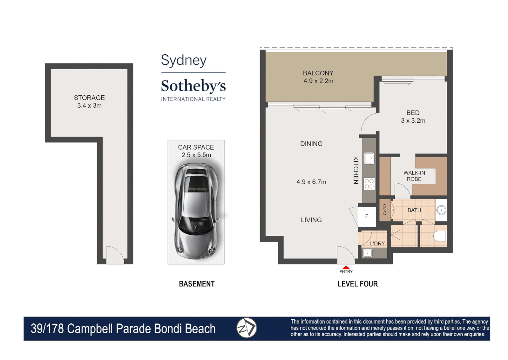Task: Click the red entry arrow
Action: coord(346,267)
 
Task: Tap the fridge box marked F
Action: coord(367,217)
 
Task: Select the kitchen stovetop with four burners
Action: coord(369,184)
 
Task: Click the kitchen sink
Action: coord(369,158)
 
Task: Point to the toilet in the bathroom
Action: coord(440,236)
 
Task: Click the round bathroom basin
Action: coord(441,210)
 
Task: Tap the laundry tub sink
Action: coord(367,253)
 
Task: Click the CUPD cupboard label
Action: coord(385,210)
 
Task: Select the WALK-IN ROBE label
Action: coord(414,176)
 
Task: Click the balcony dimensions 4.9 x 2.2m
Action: coord(318,81)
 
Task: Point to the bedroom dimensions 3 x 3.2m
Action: coord(413,121)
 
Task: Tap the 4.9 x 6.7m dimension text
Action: coord(311,182)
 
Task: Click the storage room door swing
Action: coord(115,255)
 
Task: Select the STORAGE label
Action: coord(89,98)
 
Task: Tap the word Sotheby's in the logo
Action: coord(193,86)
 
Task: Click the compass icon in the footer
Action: coord(247,328)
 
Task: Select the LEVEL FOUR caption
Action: coord(357,284)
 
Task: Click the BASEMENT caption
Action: coord(197,284)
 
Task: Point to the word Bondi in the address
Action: coord(169,329)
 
